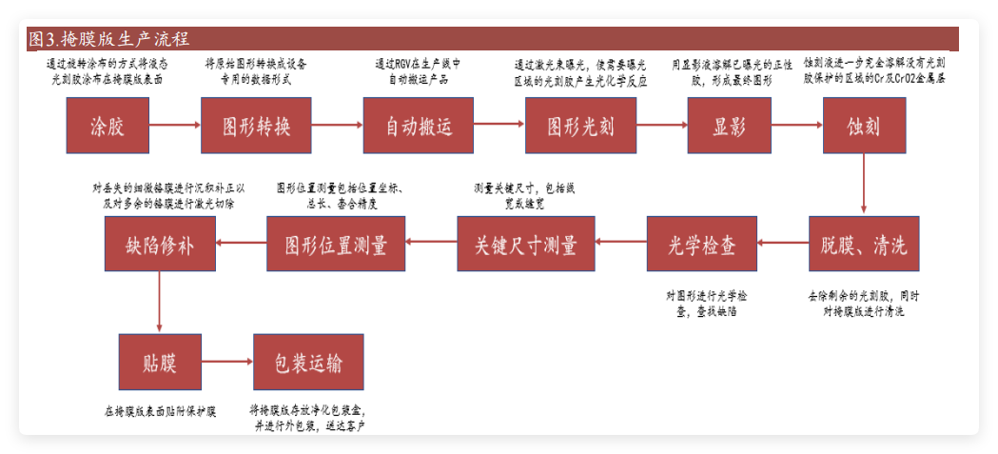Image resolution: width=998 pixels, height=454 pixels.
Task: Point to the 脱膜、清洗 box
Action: tap(864, 244)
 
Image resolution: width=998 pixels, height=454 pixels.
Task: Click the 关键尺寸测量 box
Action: tap(526, 244)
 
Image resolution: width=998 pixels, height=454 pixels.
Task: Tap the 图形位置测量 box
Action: tap(336, 244)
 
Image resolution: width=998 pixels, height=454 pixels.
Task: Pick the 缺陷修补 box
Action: tap(160, 244)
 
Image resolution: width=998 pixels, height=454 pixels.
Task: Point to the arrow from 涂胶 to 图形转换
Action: tap(175, 125)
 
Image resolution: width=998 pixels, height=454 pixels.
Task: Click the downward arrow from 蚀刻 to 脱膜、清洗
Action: tap(863, 187)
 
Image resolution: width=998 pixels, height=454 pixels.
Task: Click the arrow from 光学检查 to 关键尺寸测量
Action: tap(621, 244)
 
